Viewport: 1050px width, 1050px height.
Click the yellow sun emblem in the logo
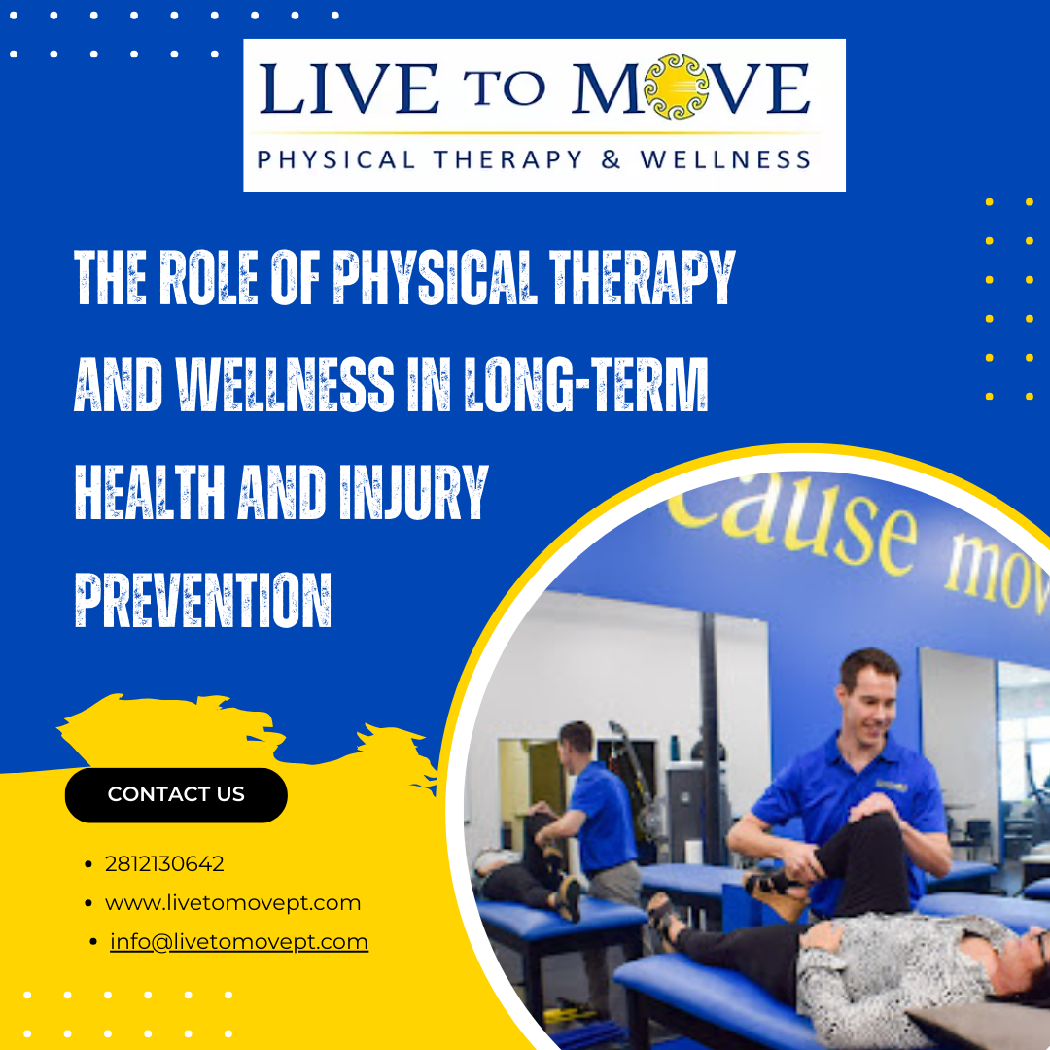677,87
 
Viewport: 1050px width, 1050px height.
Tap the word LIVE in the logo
348,88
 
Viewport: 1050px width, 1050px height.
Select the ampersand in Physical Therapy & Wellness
611,159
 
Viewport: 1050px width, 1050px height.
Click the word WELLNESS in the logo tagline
725,159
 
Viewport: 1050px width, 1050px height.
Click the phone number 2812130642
164,864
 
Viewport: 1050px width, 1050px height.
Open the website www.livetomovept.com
232,902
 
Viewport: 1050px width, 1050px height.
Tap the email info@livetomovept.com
239,941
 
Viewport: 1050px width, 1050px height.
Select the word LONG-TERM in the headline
586,384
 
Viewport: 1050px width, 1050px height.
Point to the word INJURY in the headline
414,492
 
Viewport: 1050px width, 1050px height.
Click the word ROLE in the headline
208,276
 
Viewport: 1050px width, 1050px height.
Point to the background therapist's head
575,739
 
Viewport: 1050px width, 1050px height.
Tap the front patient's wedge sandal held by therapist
777,892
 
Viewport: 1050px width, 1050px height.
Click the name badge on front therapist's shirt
891,785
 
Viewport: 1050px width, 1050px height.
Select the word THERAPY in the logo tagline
508,159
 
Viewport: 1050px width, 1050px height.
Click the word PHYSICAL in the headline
436,276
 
